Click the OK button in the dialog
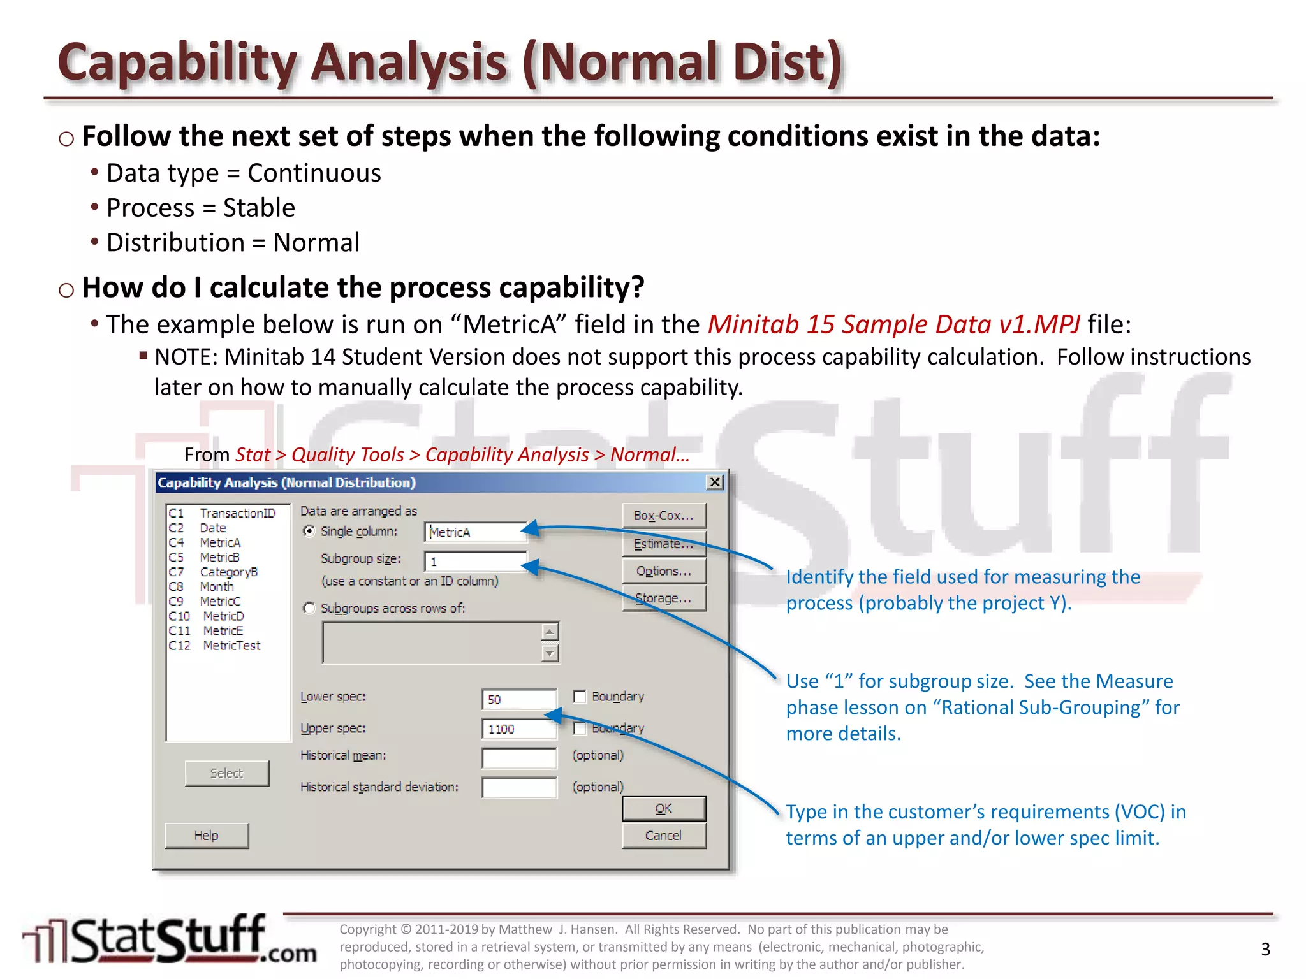[x=664, y=808]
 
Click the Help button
[x=206, y=836]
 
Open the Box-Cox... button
[x=664, y=516]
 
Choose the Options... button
[x=664, y=571]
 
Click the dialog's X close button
[x=715, y=482]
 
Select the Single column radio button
[x=309, y=532]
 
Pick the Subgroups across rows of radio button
[x=309, y=608]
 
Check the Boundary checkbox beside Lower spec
[x=580, y=697]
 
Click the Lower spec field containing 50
[x=518, y=699]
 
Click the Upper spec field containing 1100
[x=518, y=729]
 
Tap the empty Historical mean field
[x=518, y=758]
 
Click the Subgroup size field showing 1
[x=475, y=562]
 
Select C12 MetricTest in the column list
[x=215, y=646]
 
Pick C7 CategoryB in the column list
[x=214, y=572]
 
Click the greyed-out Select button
[x=226, y=773]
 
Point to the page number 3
[x=1266, y=949]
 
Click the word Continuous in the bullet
[x=314, y=173]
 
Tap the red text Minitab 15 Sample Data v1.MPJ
[x=893, y=324]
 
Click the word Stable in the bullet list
[x=259, y=208]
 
